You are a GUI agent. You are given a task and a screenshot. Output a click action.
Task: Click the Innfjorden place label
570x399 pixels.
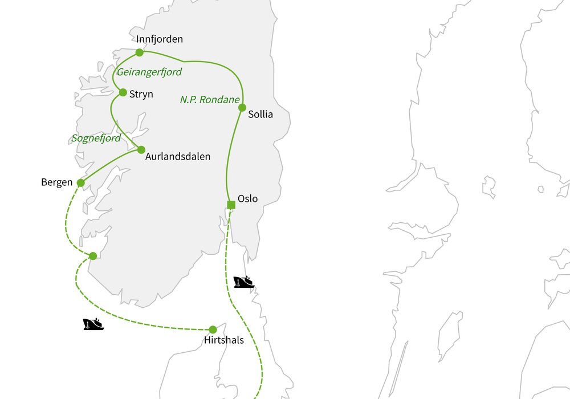[160, 39]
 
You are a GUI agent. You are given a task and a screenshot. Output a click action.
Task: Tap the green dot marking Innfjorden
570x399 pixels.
[140, 52]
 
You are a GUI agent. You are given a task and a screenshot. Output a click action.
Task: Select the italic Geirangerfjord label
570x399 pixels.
[149, 72]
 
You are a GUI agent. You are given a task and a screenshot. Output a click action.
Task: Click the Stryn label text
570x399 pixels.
[141, 94]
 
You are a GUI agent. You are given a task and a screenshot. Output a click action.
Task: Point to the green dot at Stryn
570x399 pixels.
[123, 92]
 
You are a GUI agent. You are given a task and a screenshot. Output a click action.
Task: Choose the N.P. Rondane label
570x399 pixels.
[210, 100]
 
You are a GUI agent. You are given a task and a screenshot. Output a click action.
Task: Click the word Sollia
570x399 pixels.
[260, 115]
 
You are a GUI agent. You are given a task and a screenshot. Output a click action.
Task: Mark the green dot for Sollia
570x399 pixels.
[242, 107]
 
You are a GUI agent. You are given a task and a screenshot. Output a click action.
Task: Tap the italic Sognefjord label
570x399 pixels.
[96, 139]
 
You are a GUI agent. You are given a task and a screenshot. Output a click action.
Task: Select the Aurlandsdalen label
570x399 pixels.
[178, 156]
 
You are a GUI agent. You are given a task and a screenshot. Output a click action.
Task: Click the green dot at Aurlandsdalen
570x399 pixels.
[141, 149]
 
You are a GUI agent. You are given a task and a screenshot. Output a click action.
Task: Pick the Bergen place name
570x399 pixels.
[57, 182]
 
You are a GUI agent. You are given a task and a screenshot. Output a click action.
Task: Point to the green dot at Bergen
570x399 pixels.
[80, 183]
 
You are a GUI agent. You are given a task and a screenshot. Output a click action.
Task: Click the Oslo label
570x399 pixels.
[247, 199]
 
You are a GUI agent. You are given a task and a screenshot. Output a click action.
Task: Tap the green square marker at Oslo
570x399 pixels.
[231, 205]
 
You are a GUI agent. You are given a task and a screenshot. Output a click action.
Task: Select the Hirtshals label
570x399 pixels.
[223, 341]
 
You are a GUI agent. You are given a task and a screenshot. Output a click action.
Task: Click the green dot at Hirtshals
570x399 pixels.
[213, 329]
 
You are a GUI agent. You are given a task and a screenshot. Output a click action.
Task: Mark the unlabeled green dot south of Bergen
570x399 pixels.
[93, 256]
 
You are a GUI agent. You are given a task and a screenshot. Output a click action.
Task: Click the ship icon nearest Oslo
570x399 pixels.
[244, 282]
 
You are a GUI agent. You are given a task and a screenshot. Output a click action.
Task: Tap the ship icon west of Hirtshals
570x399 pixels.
[93, 324]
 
